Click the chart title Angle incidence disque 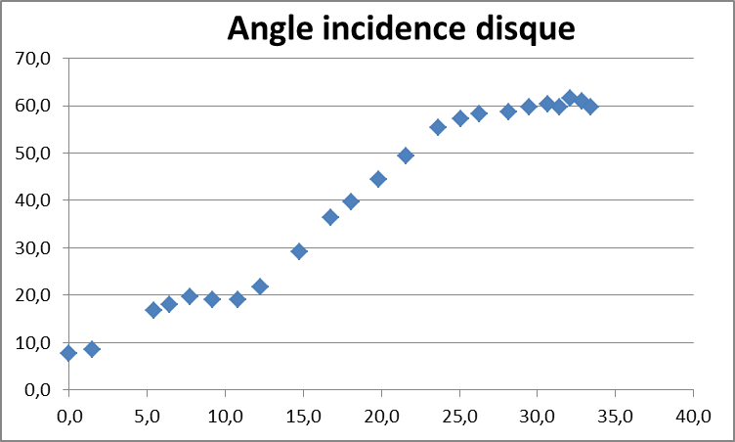(x=401, y=28)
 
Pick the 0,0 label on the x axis (x=68, y=417)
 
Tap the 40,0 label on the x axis (x=693, y=417)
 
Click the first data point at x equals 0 (x=68, y=353)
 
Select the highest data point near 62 (x=570, y=98)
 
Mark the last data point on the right (x=589, y=107)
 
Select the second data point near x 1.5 (x=92, y=349)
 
